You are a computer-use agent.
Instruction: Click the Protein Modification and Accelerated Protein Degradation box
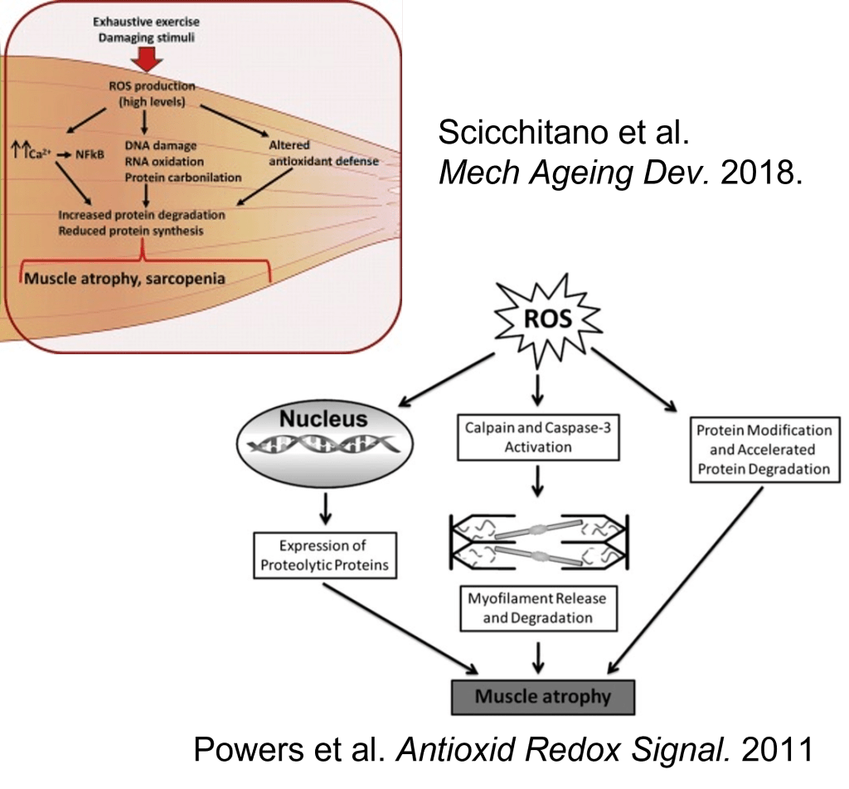[x=763, y=450]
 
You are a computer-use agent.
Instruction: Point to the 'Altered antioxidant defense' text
[x=324, y=153]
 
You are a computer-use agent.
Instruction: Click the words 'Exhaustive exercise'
[x=146, y=22]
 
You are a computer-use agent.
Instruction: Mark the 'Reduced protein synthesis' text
[x=130, y=231]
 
